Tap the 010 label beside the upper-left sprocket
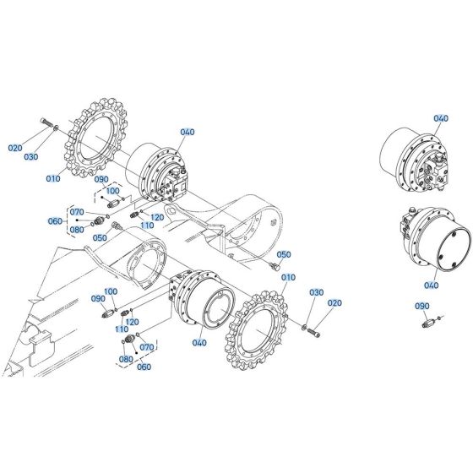click(x=54, y=178)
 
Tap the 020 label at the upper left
click(x=16, y=147)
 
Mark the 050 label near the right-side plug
click(x=284, y=254)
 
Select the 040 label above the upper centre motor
click(x=187, y=132)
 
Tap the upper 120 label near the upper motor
click(x=157, y=217)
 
